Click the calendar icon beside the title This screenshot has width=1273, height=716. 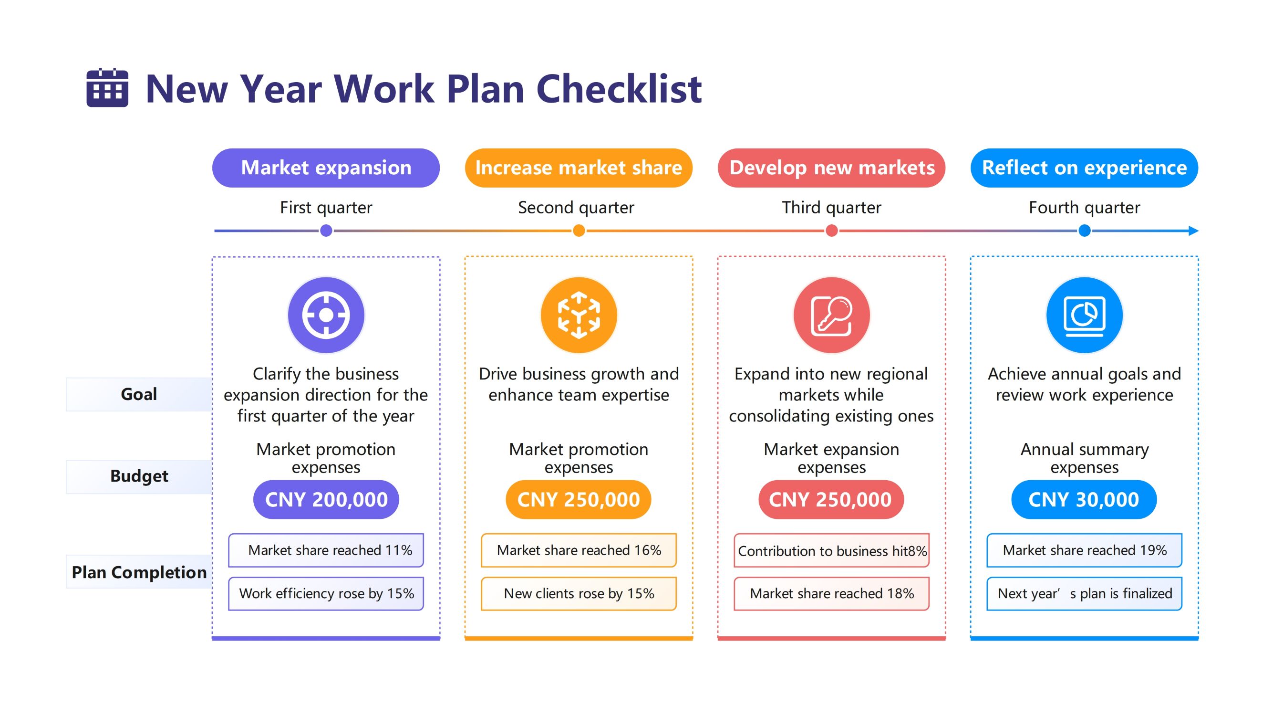[x=107, y=88]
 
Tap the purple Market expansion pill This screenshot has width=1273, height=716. [x=326, y=168]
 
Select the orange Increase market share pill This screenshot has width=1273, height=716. [x=578, y=168]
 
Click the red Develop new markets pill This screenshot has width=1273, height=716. [x=831, y=168]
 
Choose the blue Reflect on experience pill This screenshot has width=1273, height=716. [x=1084, y=168]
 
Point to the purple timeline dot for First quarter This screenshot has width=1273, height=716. [x=326, y=231]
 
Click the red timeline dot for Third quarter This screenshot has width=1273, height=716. [x=832, y=231]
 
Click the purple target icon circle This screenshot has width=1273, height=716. [x=326, y=315]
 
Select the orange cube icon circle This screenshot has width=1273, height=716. [x=579, y=315]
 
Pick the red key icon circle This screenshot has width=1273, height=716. [x=832, y=315]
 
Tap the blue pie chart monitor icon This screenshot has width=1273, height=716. [x=1084, y=315]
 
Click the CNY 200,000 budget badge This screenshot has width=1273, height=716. [x=326, y=499]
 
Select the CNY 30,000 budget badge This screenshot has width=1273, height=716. [x=1084, y=499]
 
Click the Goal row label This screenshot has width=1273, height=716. [x=139, y=394]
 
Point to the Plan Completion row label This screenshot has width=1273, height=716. [x=139, y=572]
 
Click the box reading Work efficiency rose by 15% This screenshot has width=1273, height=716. [x=326, y=593]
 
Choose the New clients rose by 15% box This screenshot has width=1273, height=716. [x=579, y=593]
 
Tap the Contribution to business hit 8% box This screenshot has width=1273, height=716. [x=832, y=550]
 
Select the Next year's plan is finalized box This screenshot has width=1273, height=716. [x=1084, y=593]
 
